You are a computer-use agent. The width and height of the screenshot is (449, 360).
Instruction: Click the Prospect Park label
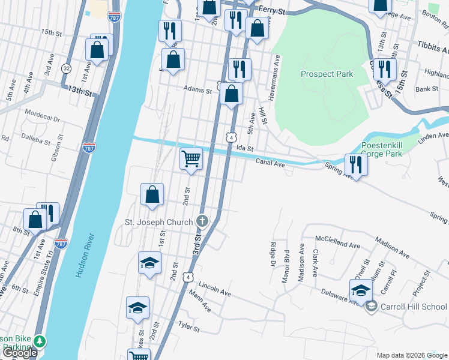pos(327,74)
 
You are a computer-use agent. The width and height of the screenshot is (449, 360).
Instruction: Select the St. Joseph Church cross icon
pos(202,222)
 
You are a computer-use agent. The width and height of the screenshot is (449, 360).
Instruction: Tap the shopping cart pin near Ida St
pos(191,160)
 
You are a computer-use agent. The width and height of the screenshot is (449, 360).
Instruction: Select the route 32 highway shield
pos(66,68)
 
